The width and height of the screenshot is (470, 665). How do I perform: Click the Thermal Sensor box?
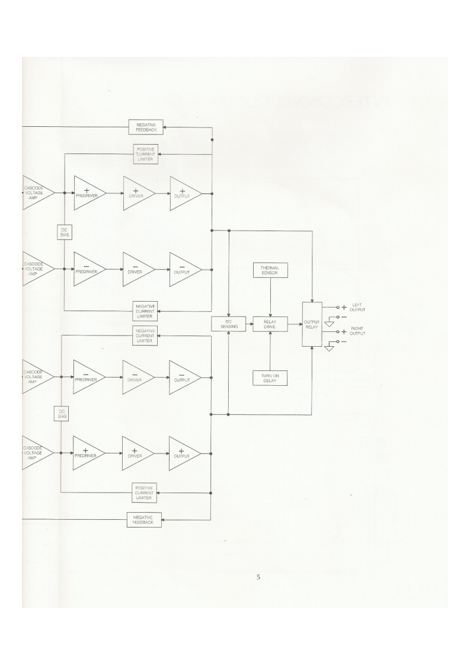pyautogui.click(x=270, y=271)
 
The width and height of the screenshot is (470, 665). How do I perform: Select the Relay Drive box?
pyautogui.click(x=270, y=324)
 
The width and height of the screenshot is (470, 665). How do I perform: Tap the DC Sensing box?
pyautogui.click(x=229, y=324)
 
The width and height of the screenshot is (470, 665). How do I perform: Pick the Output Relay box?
pyautogui.click(x=312, y=324)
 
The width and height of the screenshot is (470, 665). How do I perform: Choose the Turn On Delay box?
pyautogui.click(x=270, y=378)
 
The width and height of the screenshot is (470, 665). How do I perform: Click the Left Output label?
pyautogui.click(x=358, y=307)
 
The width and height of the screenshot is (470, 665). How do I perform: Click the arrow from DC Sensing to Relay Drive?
pyautogui.click(x=249, y=324)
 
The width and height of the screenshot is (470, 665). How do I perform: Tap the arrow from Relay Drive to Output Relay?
pyautogui.click(x=295, y=324)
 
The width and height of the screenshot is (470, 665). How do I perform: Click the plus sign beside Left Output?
pyautogui.click(x=344, y=308)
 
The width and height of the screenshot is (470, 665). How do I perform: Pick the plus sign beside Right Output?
pyautogui.click(x=344, y=332)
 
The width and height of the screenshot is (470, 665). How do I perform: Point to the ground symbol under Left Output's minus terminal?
pyautogui.click(x=330, y=324)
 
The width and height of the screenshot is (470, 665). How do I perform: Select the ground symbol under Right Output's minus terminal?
pyautogui.click(x=330, y=350)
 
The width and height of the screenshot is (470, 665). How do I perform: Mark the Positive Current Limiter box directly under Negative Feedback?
pyautogui.click(x=146, y=154)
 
